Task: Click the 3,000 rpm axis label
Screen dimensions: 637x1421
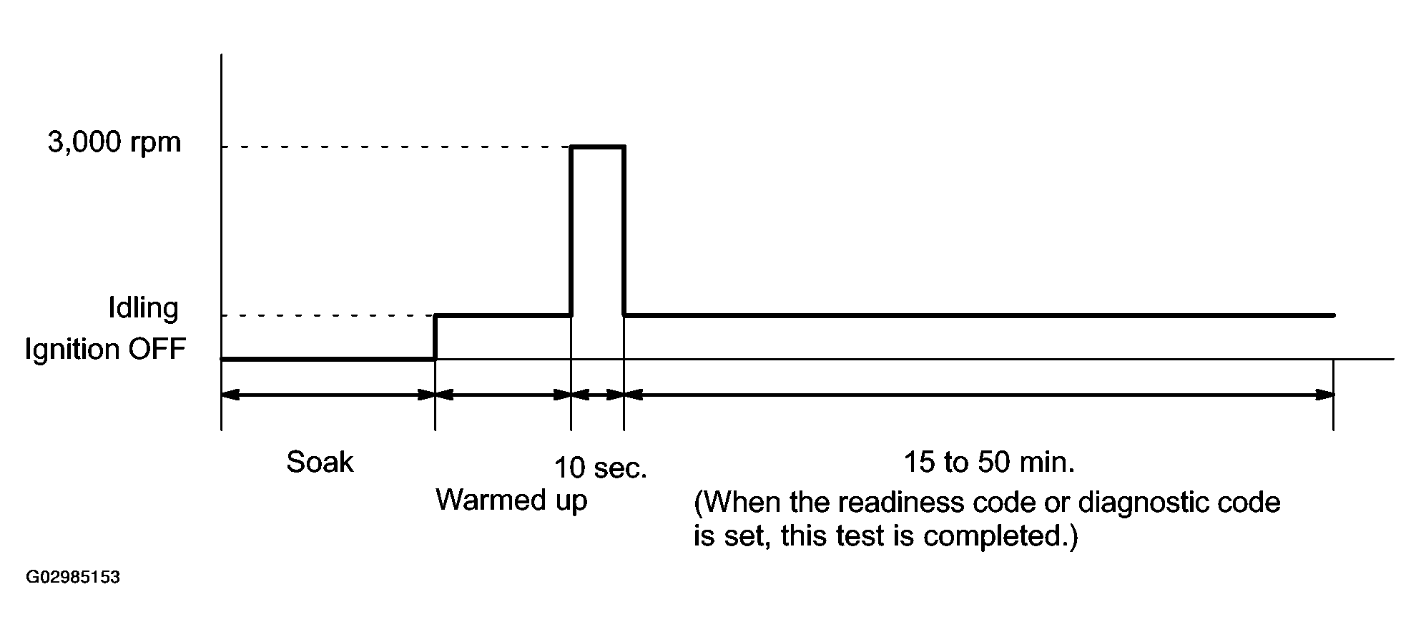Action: (x=114, y=143)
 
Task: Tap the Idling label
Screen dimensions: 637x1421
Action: (x=143, y=308)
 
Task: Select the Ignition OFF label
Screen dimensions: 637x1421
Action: (x=105, y=350)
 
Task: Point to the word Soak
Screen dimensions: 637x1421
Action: (x=320, y=463)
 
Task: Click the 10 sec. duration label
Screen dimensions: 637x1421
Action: (x=601, y=468)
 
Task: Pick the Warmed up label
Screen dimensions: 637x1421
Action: (x=511, y=500)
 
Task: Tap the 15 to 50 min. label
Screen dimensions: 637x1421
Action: (x=989, y=463)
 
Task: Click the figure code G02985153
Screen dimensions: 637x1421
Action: (x=73, y=578)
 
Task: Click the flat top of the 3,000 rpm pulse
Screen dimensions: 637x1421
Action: (x=597, y=147)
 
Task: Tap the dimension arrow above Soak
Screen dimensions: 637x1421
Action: (x=328, y=394)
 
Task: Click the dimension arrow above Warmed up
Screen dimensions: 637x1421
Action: (x=503, y=394)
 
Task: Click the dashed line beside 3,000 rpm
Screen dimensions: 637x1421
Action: (x=393, y=147)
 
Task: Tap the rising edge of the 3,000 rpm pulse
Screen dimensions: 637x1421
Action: (x=571, y=229)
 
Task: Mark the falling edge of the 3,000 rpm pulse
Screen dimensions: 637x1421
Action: (x=624, y=229)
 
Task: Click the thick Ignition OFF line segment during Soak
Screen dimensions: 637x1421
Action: (x=328, y=358)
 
